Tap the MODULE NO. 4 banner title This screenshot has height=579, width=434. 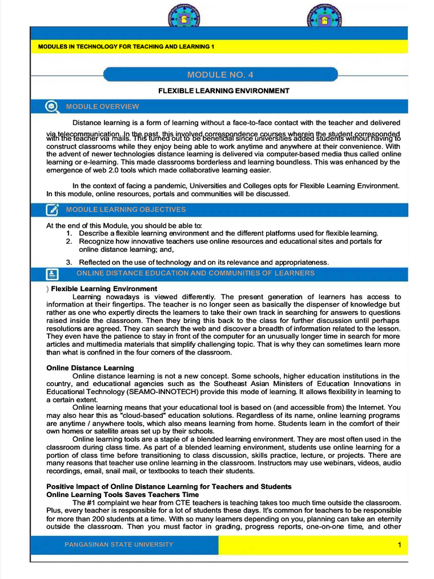click(220, 75)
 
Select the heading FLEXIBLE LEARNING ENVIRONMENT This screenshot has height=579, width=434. click(223, 90)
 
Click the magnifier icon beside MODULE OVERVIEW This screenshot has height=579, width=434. click(51, 106)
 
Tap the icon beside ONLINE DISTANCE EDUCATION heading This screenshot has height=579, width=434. click(52, 274)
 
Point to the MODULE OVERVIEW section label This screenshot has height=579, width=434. click(102, 106)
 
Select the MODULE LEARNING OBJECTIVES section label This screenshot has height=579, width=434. click(125, 210)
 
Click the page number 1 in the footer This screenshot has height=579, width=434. click(399, 545)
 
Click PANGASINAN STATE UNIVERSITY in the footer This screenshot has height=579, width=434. click(119, 545)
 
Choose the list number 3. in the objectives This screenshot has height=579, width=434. click(69, 262)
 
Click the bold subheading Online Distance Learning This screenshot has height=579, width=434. click(90, 368)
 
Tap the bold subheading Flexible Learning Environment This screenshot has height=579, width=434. click(104, 289)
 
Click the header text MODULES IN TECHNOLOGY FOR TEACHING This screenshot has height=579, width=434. click(125, 46)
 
